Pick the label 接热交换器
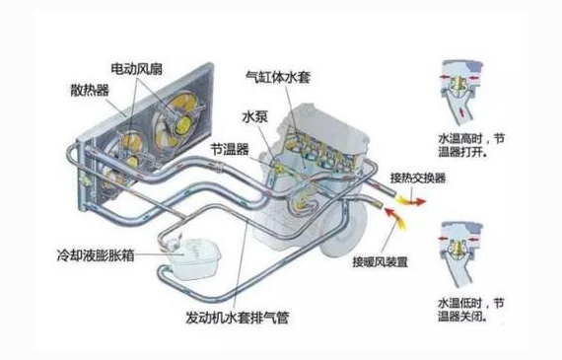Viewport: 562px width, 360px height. point(418,179)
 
